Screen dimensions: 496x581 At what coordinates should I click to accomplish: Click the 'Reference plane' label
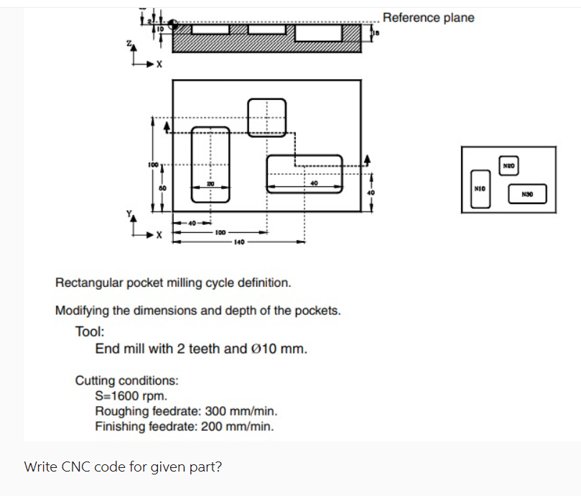tap(428, 17)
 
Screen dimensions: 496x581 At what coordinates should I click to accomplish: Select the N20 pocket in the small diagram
tap(508, 165)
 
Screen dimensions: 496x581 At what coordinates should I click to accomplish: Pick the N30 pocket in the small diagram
tap(528, 193)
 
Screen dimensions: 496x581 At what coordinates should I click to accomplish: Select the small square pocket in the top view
tap(266, 116)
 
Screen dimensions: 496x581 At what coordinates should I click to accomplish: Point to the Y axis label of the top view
tap(129, 213)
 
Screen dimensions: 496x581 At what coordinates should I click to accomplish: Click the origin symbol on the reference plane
tap(173, 24)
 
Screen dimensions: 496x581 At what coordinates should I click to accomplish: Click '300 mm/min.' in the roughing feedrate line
tap(242, 411)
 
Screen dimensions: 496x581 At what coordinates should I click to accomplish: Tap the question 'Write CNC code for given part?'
tap(123, 467)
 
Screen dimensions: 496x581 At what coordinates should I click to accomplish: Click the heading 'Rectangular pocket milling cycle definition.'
tap(173, 282)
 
